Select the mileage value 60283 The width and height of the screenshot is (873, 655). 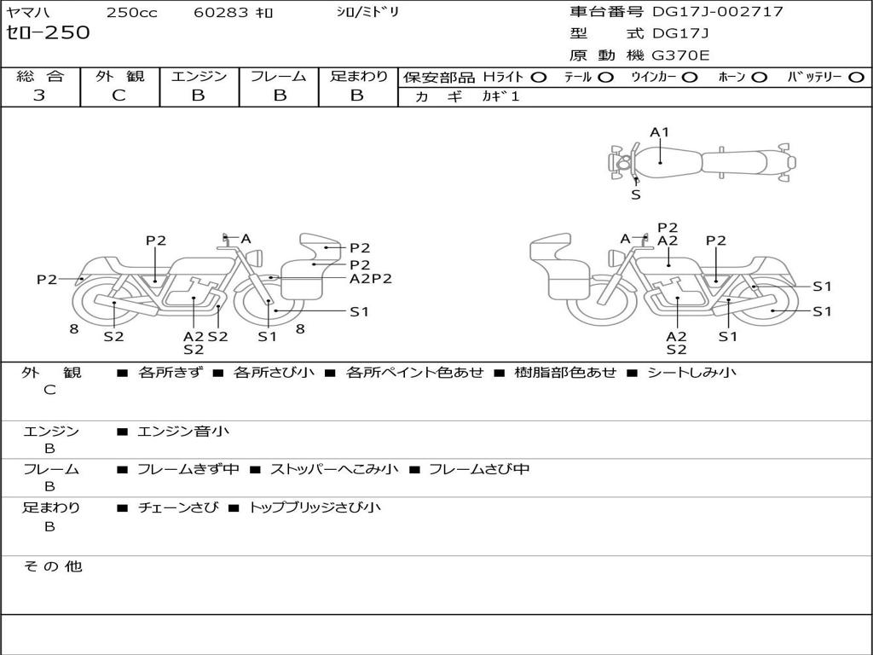217,13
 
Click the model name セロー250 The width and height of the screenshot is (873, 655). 48,33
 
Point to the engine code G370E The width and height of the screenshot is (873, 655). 680,55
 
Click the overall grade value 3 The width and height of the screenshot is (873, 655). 39,96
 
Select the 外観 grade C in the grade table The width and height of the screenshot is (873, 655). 119,96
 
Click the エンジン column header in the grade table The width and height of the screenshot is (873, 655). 199,76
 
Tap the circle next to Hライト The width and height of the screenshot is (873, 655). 538,77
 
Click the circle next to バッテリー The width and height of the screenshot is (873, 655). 856,77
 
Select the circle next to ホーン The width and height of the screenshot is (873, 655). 759,77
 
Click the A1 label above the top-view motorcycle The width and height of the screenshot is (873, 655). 660,132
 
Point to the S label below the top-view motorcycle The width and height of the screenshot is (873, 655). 636,194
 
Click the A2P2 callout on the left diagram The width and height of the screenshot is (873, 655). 370,278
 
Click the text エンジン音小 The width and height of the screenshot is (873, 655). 183,432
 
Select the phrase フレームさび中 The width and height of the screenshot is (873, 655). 478,469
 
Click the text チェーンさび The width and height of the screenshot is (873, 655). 172,507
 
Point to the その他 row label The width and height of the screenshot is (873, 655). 52,566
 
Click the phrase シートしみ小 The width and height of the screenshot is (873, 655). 691,372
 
